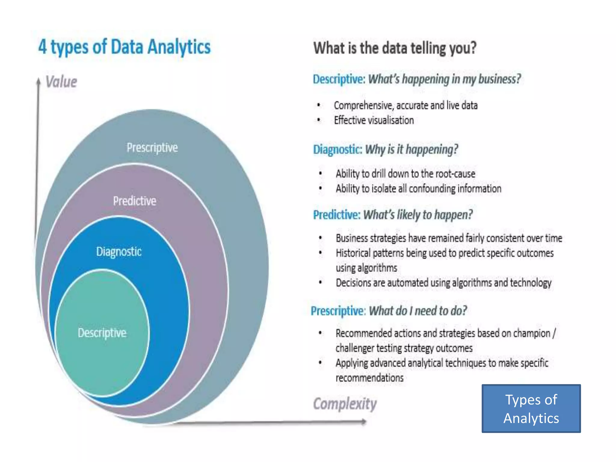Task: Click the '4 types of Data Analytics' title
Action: (125, 47)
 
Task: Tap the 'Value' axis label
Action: (61, 82)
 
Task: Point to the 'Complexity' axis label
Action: (345, 404)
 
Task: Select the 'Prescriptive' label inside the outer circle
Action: (152, 148)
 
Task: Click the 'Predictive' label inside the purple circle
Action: (134, 201)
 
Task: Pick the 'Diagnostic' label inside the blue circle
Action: (119, 252)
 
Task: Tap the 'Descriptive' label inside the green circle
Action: (102, 333)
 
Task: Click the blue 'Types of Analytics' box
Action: (531, 409)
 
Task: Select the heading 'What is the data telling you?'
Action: (395, 48)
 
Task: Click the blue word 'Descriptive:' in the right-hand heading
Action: (339, 79)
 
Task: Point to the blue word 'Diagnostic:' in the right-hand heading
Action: (337, 149)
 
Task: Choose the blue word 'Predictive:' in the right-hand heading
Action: (337, 215)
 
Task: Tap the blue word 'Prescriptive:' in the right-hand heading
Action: (338, 311)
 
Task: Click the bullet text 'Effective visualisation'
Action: (374, 120)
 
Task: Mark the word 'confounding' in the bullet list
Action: (432, 189)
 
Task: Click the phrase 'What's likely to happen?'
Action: (418, 215)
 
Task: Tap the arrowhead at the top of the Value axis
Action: (38, 81)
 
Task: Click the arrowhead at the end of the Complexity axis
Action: (364, 422)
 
